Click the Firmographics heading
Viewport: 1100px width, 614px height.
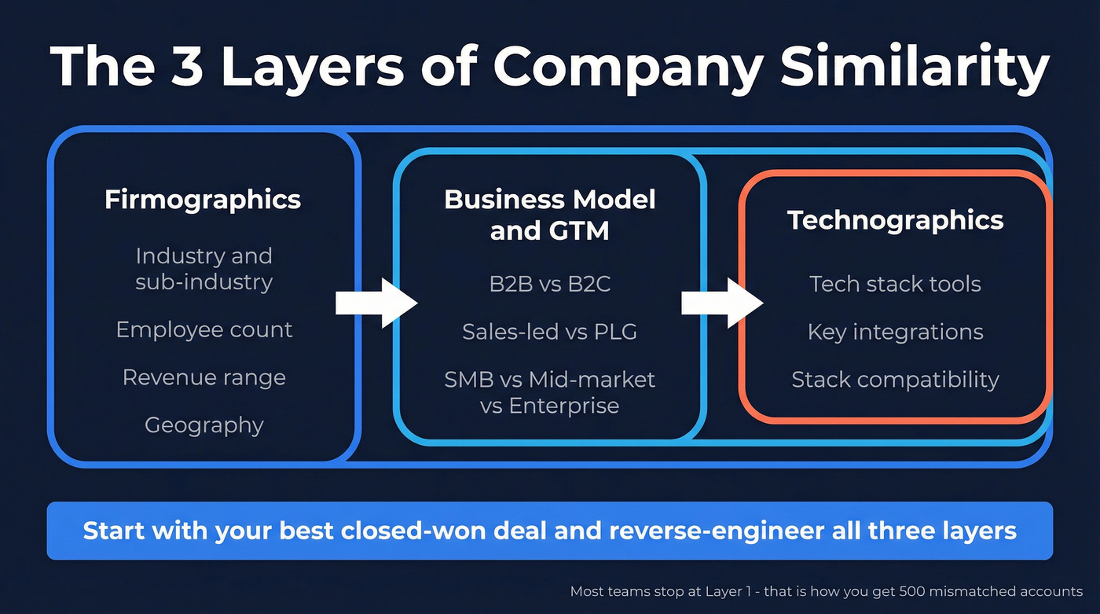(203, 199)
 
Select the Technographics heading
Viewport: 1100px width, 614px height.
(895, 220)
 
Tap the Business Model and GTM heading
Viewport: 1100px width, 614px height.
(549, 215)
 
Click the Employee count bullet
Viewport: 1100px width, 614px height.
(204, 329)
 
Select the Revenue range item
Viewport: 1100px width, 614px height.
(204, 377)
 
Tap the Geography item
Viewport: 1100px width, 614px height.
(204, 425)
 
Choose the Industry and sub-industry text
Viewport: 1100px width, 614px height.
(204, 269)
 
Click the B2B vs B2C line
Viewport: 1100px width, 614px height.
(549, 284)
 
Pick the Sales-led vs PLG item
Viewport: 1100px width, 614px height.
(549, 332)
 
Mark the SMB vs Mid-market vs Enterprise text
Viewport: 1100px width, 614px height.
(549, 392)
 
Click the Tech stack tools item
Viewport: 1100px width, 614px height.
(895, 284)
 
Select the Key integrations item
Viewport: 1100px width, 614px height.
(895, 332)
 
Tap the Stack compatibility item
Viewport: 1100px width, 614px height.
(895, 380)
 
